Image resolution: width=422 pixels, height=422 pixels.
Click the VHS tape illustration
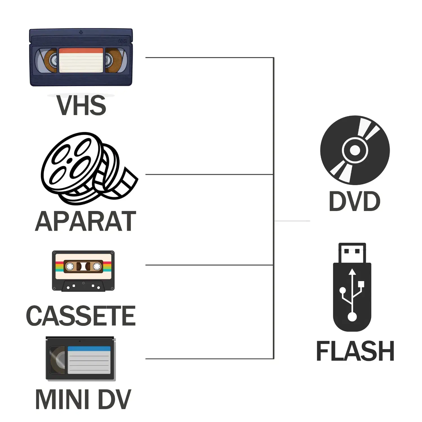click(81, 57)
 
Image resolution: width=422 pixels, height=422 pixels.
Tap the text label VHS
click(81, 105)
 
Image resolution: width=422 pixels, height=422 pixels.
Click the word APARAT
click(86, 222)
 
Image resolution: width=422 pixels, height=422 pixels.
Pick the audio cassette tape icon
click(83, 271)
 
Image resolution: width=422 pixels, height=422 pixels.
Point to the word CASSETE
click(81, 316)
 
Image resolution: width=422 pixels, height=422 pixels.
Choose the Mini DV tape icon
click(80, 359)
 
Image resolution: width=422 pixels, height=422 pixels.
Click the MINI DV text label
click(83, 399)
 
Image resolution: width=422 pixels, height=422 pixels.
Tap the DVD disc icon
click(355, 150)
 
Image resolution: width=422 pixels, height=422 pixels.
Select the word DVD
click(354, 201)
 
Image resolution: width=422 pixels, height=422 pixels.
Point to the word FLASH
click(355, 351)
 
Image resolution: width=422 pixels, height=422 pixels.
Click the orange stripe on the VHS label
click(81, 51)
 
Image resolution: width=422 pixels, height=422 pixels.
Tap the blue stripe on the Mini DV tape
click(89, 349)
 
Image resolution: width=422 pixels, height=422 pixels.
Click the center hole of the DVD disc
click(355, 150)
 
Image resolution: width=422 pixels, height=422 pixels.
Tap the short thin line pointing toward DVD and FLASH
click(292, 221)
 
